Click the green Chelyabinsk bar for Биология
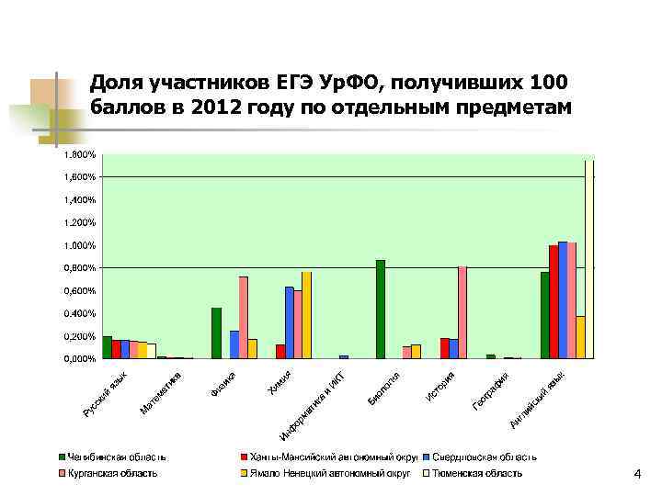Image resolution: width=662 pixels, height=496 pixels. (x=381, y=310)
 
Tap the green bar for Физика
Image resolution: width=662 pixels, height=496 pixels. (x=216, y=333)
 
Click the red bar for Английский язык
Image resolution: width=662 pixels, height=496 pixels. (x=554, y=301)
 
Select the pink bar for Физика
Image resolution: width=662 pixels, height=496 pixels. (x=244, y=318)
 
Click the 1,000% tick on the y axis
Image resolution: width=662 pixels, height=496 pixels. (x=79, y=245)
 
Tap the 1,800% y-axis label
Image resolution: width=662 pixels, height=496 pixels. (x=79, y=154)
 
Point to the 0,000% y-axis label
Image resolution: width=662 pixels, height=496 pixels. (x=79, y=359)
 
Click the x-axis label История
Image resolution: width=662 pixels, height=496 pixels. (x=440, y=386)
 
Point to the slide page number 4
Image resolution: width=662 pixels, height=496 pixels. (x=636, y=473)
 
